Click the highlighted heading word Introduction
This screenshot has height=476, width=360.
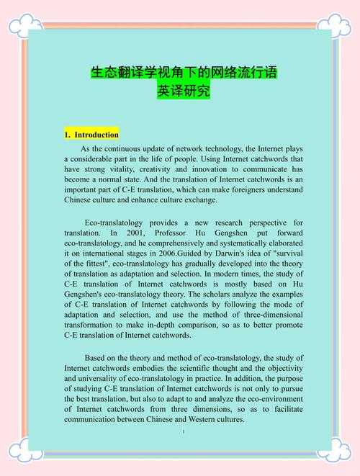(x=96, y=135)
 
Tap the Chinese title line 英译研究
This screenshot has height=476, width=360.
(x=184, y=92)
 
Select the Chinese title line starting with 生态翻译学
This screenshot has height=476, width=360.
(x=184, y=73)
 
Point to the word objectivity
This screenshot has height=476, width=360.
(x=278, y=367)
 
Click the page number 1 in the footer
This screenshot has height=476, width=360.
(x=184, y=431)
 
